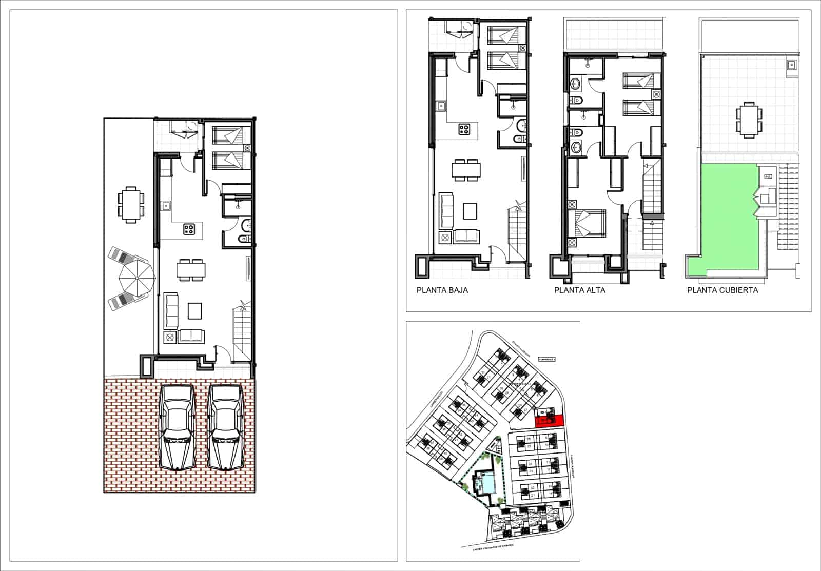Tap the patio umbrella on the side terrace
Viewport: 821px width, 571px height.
(x=136, y=278)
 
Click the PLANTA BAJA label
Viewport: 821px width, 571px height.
(x=442, y=290)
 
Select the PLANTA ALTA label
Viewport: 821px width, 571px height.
(x=579, y=290)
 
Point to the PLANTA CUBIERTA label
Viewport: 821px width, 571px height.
(x=722, y=290)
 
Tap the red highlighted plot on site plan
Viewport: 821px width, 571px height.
(x=549, y=421)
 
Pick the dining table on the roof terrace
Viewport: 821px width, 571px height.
(x=747, y=120)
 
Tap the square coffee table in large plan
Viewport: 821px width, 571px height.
(x=195, y=311)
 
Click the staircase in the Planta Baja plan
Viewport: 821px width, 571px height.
(x=517, y=231)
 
